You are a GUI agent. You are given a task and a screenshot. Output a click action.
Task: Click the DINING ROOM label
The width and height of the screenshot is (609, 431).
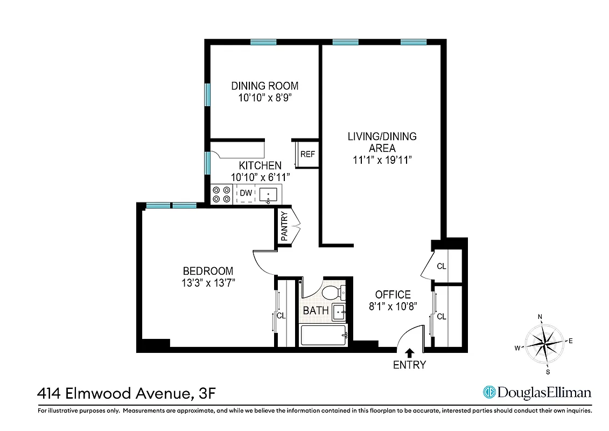tap(264, 86)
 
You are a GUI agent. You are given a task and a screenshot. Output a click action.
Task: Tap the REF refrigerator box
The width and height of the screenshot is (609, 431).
tap(307, 154)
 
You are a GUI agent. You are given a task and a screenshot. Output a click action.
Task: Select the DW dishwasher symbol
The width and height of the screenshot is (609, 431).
tap(246, 193)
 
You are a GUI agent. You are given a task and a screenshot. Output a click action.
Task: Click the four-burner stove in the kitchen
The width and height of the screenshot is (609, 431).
tap(221, 194)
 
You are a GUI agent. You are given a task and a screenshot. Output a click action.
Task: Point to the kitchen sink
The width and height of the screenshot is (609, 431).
tap(268, 194)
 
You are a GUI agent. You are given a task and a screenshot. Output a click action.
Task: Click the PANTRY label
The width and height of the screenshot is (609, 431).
tap(284, 226)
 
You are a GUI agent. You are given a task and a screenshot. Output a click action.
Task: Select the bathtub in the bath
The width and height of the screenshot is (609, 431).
tap(323, 336)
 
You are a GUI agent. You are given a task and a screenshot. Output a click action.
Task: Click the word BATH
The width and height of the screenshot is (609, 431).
tap(316, 311)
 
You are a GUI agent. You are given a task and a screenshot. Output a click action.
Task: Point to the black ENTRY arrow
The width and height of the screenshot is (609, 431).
tap(409, 353)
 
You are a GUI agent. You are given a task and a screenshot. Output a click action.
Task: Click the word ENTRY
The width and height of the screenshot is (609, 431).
tap(409, 365)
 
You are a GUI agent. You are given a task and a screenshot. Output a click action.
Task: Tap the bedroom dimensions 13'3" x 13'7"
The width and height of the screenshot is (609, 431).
tap(208, 282)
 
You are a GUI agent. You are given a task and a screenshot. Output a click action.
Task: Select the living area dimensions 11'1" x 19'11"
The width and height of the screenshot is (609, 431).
tap(382, 160)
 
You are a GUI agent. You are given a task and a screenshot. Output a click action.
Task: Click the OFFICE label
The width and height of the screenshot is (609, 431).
tap(393, 295)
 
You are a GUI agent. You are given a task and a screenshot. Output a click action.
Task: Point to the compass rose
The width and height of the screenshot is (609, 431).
tap(545, 343)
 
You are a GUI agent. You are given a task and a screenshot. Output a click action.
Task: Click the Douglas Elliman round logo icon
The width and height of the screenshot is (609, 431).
tap(489, 392)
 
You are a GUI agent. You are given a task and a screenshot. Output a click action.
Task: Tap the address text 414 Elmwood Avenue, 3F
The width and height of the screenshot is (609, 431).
tap(128, 393)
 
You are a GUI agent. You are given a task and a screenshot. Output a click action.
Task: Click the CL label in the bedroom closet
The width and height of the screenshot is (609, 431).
tap(281, 316)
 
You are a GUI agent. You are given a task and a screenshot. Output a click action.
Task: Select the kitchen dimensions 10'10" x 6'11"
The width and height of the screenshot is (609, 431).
tap(261, 177)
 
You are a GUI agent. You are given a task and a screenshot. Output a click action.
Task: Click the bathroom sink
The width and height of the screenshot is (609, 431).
tap(338, 311)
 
